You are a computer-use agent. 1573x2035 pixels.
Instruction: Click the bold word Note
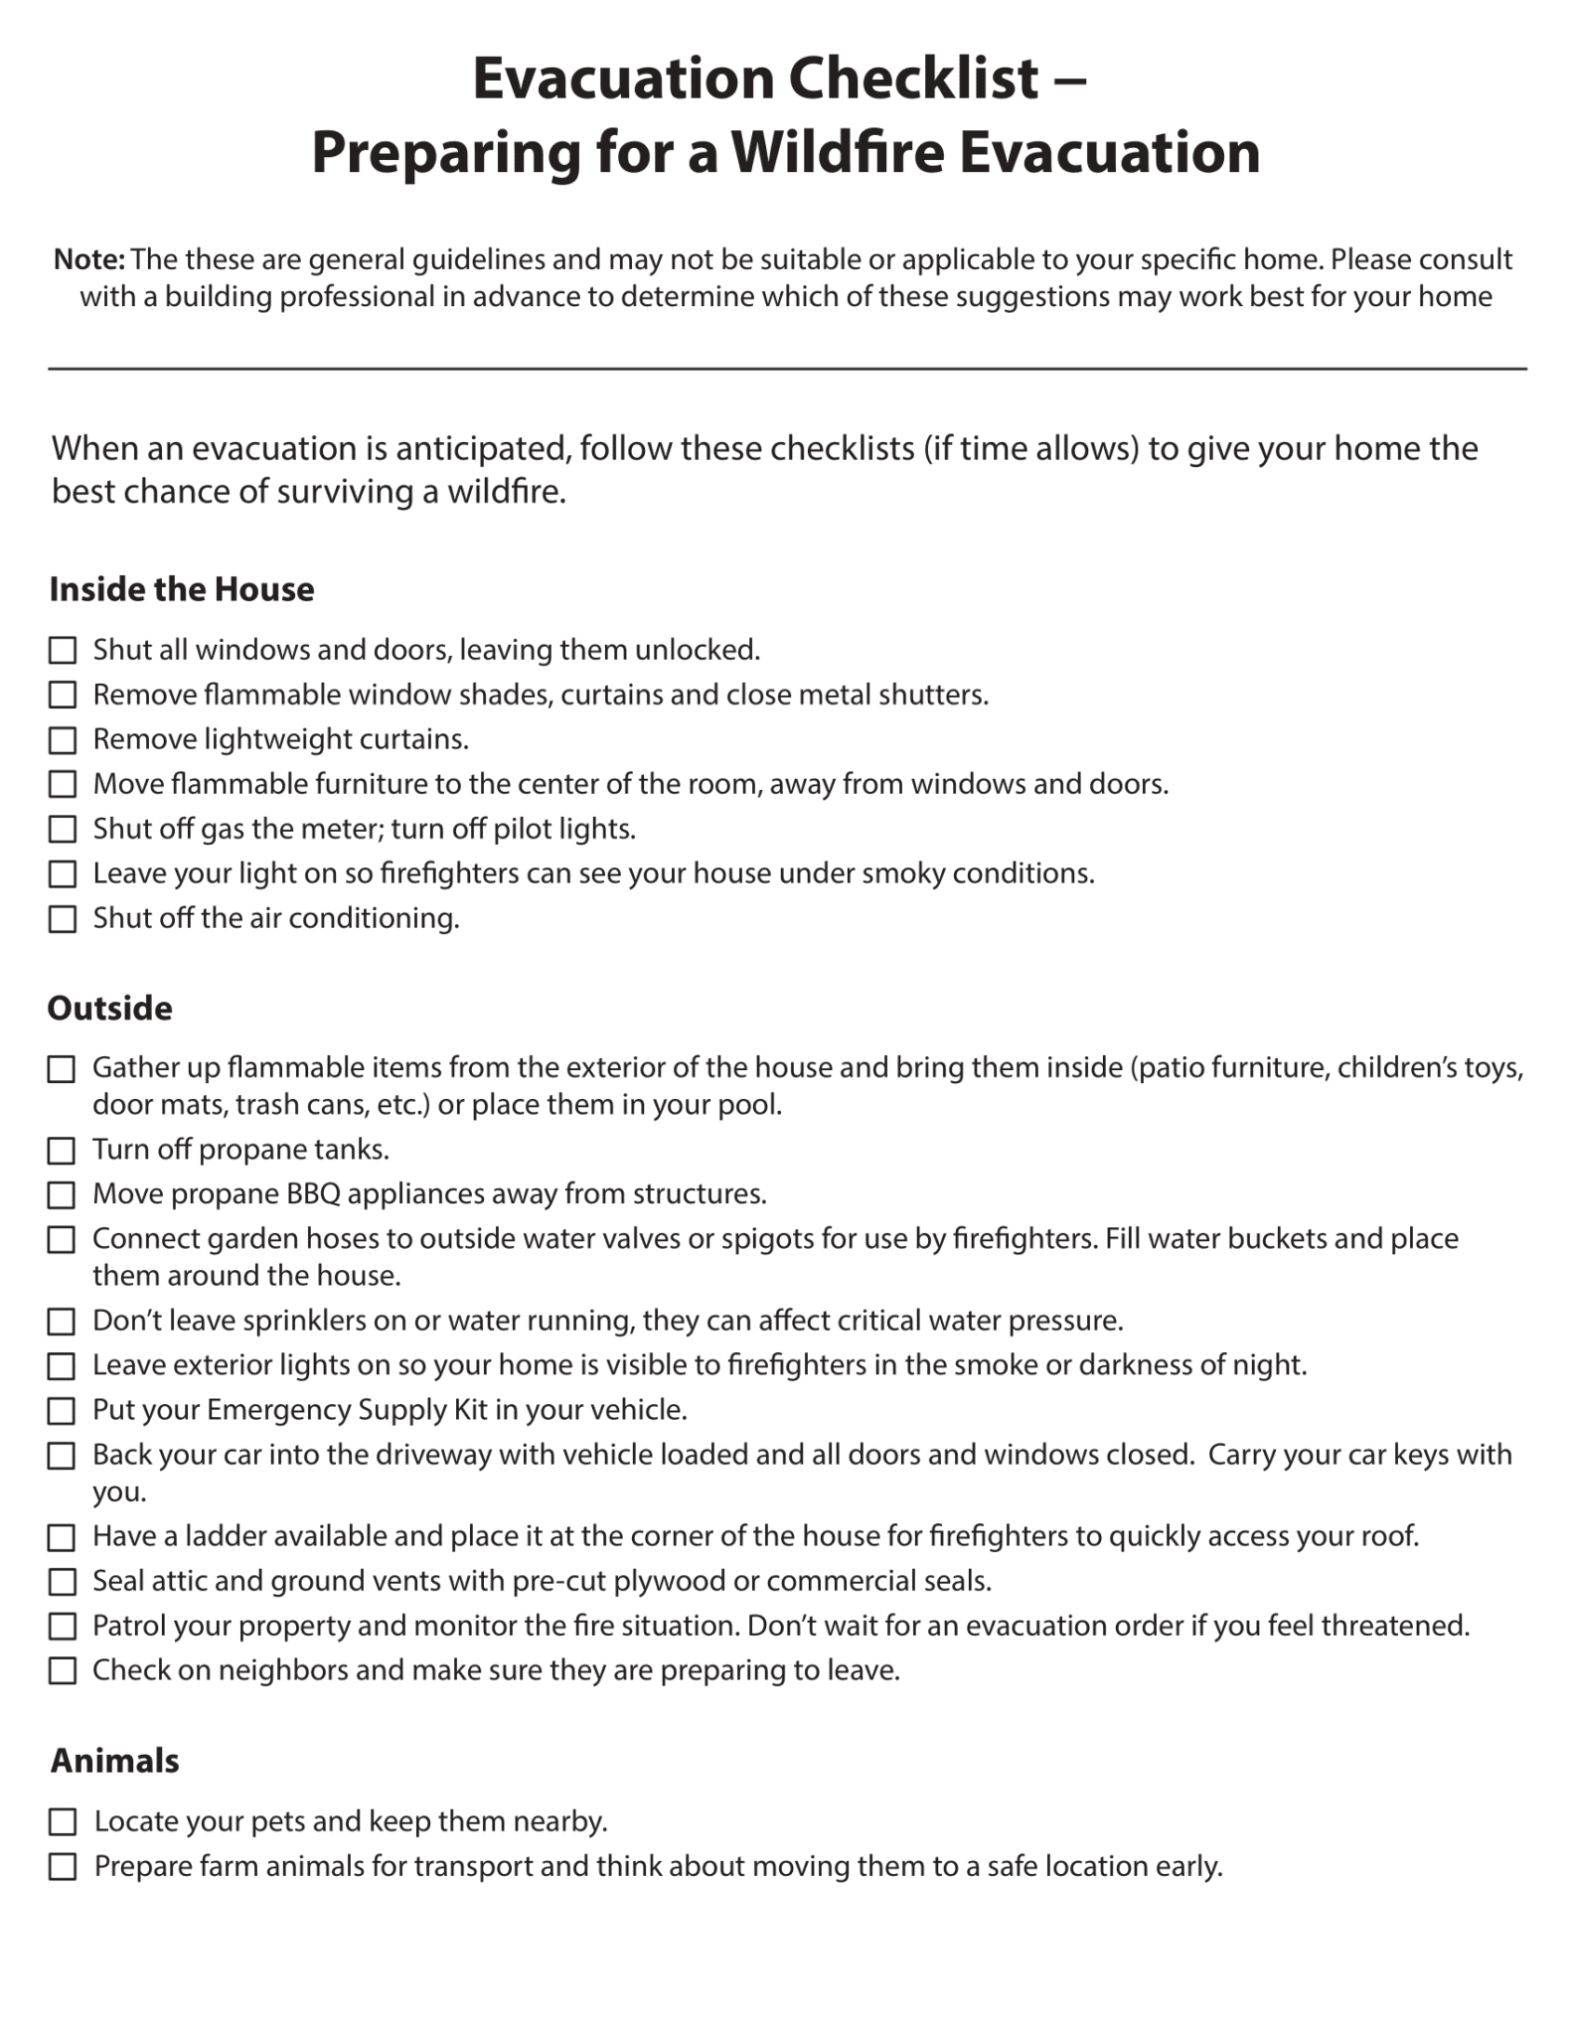87,259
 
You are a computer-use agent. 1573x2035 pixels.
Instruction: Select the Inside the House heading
182,589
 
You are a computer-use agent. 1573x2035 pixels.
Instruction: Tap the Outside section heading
109,1009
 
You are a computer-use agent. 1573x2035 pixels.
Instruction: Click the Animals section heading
114,1761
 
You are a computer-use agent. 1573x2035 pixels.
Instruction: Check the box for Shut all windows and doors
63,651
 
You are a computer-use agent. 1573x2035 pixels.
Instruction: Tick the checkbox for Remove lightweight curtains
63,740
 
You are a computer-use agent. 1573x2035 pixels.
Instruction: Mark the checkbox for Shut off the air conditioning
63,919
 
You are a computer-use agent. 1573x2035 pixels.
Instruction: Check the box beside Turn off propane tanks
62,1151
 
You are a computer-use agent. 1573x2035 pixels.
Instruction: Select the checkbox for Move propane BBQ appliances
62,1194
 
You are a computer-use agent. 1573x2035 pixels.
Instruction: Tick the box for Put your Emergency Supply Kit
62,1411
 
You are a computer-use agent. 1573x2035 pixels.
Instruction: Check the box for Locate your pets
63,1822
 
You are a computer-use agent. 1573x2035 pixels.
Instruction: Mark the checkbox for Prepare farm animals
63,1867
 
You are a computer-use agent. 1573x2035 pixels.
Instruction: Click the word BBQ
314,1193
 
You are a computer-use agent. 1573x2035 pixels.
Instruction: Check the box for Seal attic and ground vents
62,1582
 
